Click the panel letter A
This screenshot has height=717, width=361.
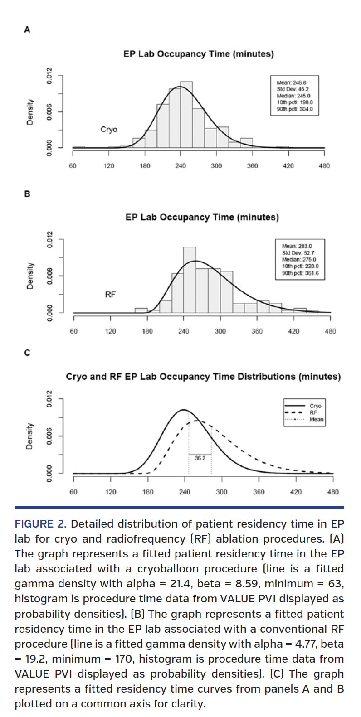click(x=27, y=30)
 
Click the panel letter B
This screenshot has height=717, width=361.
click(x=27, y=194)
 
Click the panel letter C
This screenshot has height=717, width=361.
click(x=27, y=353)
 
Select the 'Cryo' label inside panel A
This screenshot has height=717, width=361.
click(x=109, y=130)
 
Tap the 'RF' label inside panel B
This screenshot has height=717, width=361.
click(x=110, y=295)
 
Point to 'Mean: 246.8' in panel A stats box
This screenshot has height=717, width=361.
click(x=291, y=83)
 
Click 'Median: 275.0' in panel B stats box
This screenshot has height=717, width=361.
click(x=299, y=260)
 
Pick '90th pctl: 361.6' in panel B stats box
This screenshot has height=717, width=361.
click(x=300, y=273)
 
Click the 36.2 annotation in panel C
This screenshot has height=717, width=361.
click(x=200, y=458)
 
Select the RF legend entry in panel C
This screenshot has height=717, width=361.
click(x=313, y=412)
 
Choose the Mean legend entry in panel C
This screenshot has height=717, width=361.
click(x=316, y=419)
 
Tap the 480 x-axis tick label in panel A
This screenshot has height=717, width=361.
click(x=324, y=166)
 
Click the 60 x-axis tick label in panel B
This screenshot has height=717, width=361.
click(x=73, y=331)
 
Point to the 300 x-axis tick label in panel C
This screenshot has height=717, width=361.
click(x=222, y=492)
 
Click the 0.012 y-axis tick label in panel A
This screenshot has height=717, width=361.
click(x=49, y=75)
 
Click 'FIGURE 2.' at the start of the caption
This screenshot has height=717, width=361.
click(x=40, y=524)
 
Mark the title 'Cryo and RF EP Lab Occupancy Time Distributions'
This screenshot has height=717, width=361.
click(x=203, y=377)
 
